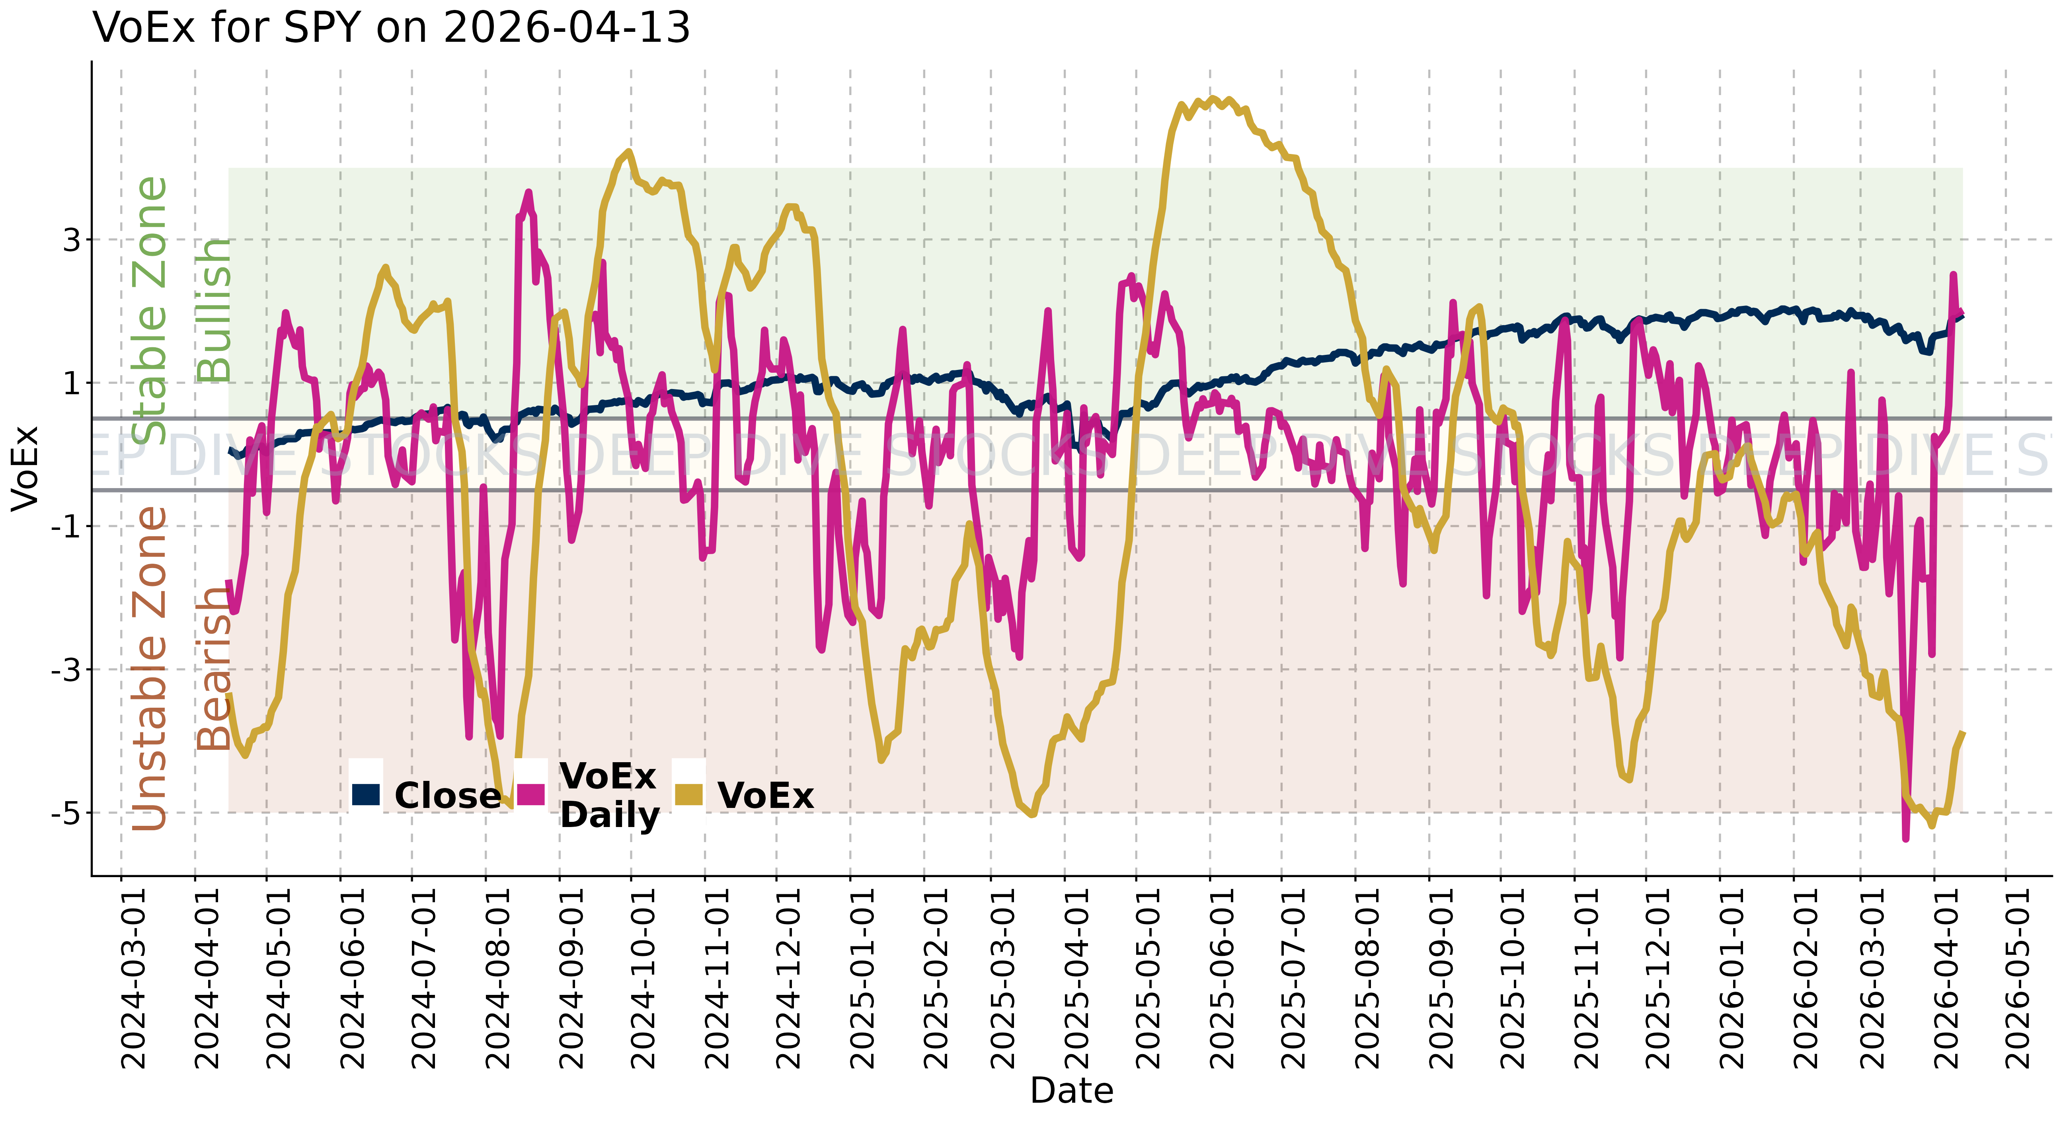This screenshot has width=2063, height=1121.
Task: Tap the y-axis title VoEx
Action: [x=25, y=469]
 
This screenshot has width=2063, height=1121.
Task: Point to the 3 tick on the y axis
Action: [x=73, y=239]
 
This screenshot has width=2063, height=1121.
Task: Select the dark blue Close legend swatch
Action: [x=366, y=794]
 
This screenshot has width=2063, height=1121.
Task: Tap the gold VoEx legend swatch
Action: [x=689, y=794]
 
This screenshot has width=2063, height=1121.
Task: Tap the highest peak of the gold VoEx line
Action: [x=1213, y=99]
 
